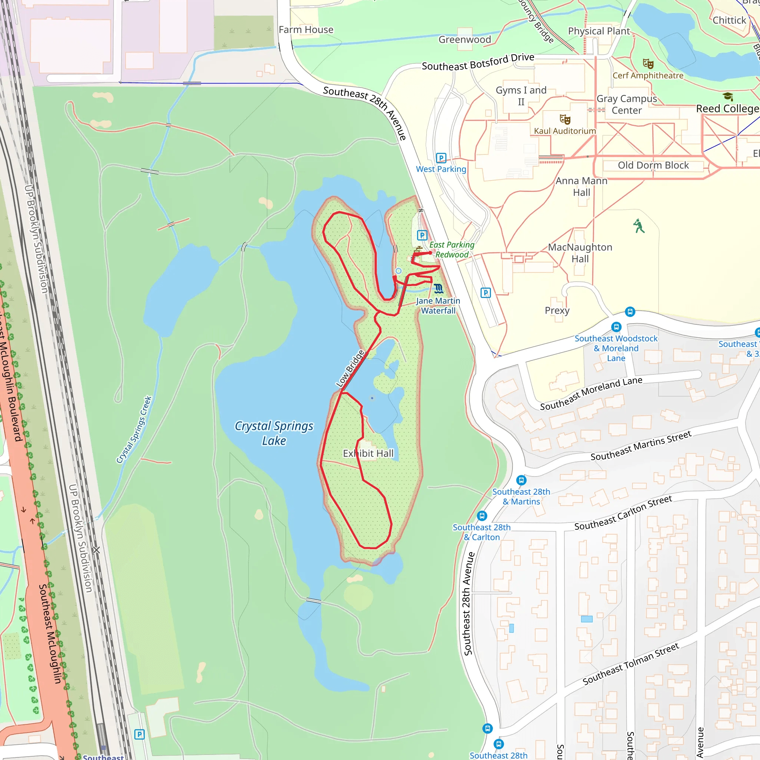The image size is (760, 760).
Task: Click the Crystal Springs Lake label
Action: [x=274, y=433]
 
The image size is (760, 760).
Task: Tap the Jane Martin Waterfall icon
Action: [x=439, y=289]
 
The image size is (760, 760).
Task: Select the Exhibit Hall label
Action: [x=368, y=453]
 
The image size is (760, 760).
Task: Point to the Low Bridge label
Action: [x=350, y=368]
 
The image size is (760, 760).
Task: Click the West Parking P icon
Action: [x=441, y=158]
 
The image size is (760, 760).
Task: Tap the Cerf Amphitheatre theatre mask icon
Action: [x=648, y=64]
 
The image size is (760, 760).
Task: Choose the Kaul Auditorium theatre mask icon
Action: [x=565, y=119]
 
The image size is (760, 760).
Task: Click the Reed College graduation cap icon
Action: [x=728, y=96]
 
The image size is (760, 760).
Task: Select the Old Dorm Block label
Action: [x=653, y=165]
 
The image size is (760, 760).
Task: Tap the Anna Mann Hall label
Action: [x=582, y=186]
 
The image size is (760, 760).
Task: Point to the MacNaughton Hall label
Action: [x=580, y=253]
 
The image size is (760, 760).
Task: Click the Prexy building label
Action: [x=557, y=310]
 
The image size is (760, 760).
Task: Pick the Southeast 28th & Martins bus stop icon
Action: [x=521, y=480]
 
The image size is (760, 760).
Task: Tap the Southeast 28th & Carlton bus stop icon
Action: [x=482, y=516]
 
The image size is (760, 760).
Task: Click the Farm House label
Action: [x=306, y=30]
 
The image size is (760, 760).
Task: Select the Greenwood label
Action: [x=465, y=40]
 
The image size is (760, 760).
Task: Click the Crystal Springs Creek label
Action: [x=134, y=430]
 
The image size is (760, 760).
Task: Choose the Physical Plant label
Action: [x=599, y=31]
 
